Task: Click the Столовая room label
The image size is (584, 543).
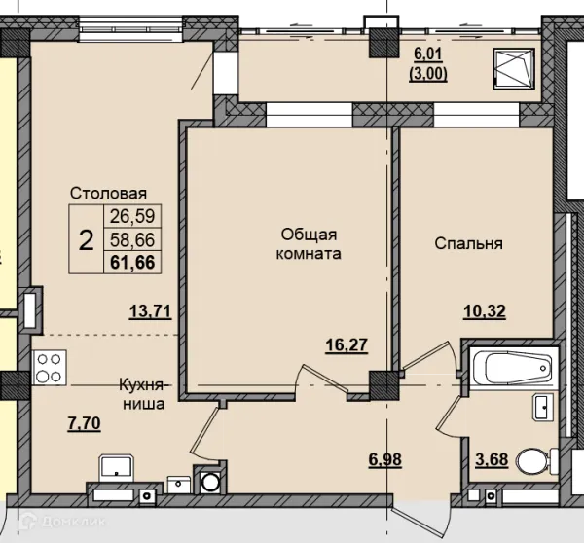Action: tap(108, 194)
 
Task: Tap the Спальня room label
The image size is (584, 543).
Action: tap(468, 243)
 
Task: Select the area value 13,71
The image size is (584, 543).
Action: tap(151, 311)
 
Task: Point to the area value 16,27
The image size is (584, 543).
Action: tap(347, 344)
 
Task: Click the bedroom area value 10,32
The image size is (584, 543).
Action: tap(485, 311)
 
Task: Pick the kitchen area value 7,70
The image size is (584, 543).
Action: tap(84, 423)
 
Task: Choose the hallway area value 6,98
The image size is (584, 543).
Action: tap(385, 459)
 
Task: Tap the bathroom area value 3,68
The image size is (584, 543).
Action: tap(492, 459)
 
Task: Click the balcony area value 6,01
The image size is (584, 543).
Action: tap(428, 54)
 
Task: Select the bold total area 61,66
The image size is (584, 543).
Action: tap(132, 262)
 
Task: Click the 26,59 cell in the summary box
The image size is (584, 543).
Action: tap(132, 216)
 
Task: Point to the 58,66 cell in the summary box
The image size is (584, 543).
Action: tap(132, 239)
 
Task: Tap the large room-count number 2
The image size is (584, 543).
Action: tap(86, 240)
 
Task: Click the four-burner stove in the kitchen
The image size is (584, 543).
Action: tap(50, 368)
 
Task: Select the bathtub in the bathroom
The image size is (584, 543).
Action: tap(514, 368)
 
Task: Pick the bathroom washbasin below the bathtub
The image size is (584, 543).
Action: tap(543, 408)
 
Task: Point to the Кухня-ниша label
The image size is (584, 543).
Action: tap(144, 394)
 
